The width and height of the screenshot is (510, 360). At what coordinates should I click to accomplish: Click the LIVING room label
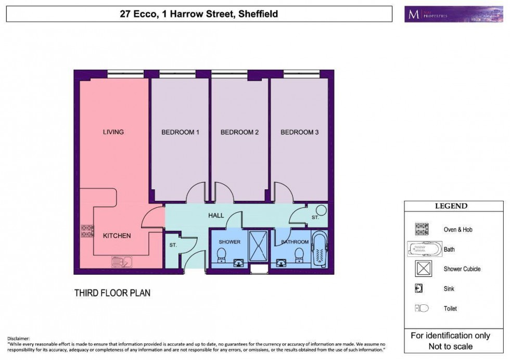(x=113, y=132)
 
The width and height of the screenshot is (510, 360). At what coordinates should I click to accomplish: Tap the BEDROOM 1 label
(x=180, y=132)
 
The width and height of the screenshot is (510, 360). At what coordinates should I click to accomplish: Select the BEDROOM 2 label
(x=239, y=132)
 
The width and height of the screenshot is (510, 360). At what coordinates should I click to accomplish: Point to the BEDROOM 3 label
(x=299, y=132)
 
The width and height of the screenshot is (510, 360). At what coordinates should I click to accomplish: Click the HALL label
(x=215, y=215)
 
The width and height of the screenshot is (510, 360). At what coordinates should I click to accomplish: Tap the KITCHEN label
(x=117, y=236)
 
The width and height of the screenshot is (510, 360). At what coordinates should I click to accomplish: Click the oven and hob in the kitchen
(x=87, y=231)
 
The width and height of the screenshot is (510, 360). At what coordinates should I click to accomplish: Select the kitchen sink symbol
(x=119, y=263)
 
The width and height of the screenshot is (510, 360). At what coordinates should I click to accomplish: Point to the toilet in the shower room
(x=221, y=254)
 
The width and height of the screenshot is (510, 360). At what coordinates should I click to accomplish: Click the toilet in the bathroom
(x=299, y=254)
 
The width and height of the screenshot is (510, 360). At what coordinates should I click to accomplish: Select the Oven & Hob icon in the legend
(x=421, y=229)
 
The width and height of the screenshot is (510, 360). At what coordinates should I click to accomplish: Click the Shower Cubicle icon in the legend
(x=421, y=269)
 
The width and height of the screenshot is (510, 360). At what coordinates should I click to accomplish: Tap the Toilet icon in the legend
(x=421, y=308)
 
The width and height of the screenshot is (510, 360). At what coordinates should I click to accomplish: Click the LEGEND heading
(x=451, y=206)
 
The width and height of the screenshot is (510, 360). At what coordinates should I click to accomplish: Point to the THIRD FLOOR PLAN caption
(x=112, y=293)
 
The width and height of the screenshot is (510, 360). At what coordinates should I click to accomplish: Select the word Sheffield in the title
(x=257, y=14)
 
